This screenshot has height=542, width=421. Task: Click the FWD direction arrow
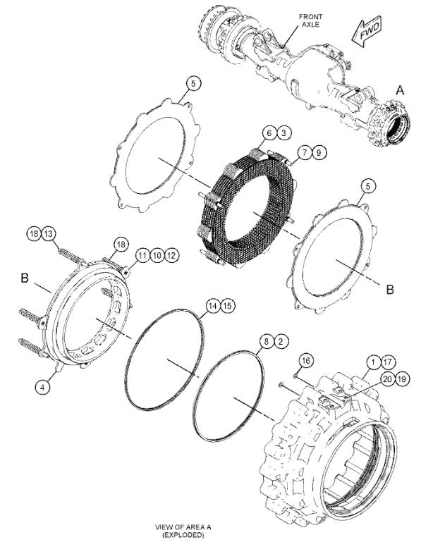click(366, 32)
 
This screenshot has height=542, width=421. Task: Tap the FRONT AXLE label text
click(311, 20)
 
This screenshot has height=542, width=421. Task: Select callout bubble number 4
click(42, 387)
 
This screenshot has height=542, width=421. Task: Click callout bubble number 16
click(306, 361)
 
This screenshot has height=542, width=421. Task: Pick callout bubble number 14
click(214, 306)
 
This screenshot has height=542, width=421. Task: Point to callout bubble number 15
click(228, 306)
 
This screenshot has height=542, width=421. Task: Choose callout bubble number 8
click(267, 342)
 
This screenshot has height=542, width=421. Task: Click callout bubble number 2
click(281, 342)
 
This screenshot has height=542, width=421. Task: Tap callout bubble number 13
click(49, 234)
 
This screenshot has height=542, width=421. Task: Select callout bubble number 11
click(142, 255)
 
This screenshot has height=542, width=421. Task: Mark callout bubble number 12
click(171, 255)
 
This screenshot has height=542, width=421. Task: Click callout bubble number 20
click(388, 379)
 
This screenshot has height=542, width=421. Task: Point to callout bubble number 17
click(388, 362)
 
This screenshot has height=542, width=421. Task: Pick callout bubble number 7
click(305, 152)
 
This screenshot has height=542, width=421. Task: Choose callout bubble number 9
click(319, 152)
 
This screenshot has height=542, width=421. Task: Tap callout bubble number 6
click(269, 133)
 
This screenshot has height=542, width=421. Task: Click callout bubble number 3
click(284, 133)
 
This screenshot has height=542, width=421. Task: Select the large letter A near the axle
click(400, 90)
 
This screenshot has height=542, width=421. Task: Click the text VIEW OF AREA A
click(183, 527)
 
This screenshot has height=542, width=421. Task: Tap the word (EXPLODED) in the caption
click(183, 535)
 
